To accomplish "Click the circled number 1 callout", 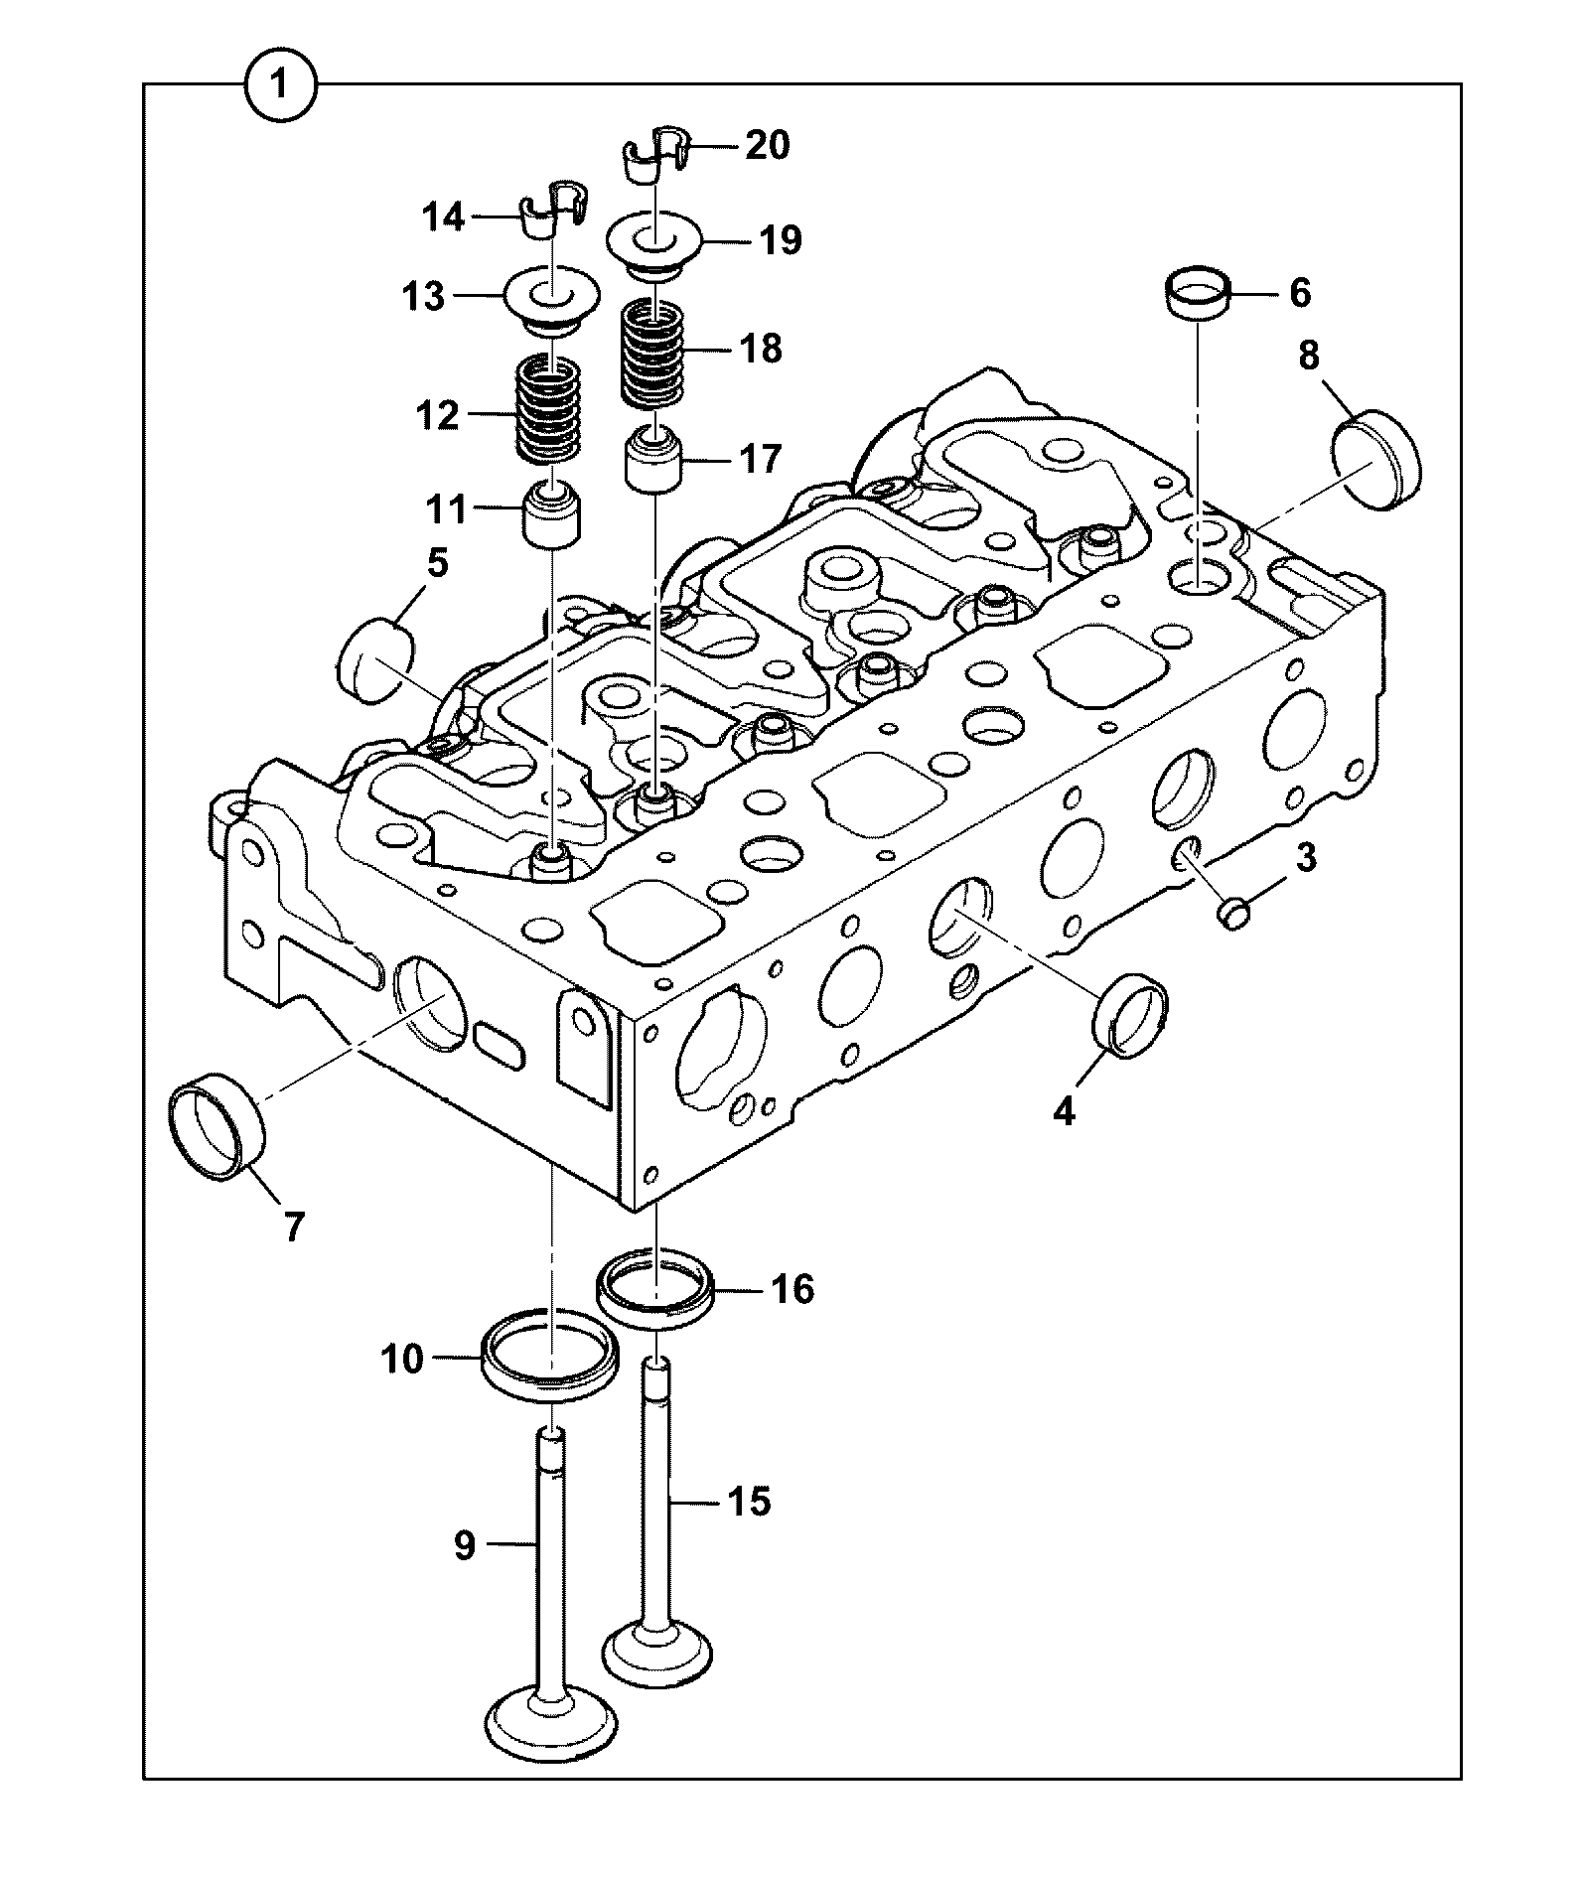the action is click(280, 86).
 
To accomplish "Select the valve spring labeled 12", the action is click(549, 408).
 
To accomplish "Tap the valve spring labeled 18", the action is click(652, 356).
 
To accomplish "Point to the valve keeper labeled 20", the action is click(656, 153).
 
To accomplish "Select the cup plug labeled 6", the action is click(1198, 293).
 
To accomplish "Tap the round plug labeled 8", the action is click(1378, 463).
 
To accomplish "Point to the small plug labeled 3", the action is click(1233, 912).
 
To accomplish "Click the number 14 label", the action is click(443, 216).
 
